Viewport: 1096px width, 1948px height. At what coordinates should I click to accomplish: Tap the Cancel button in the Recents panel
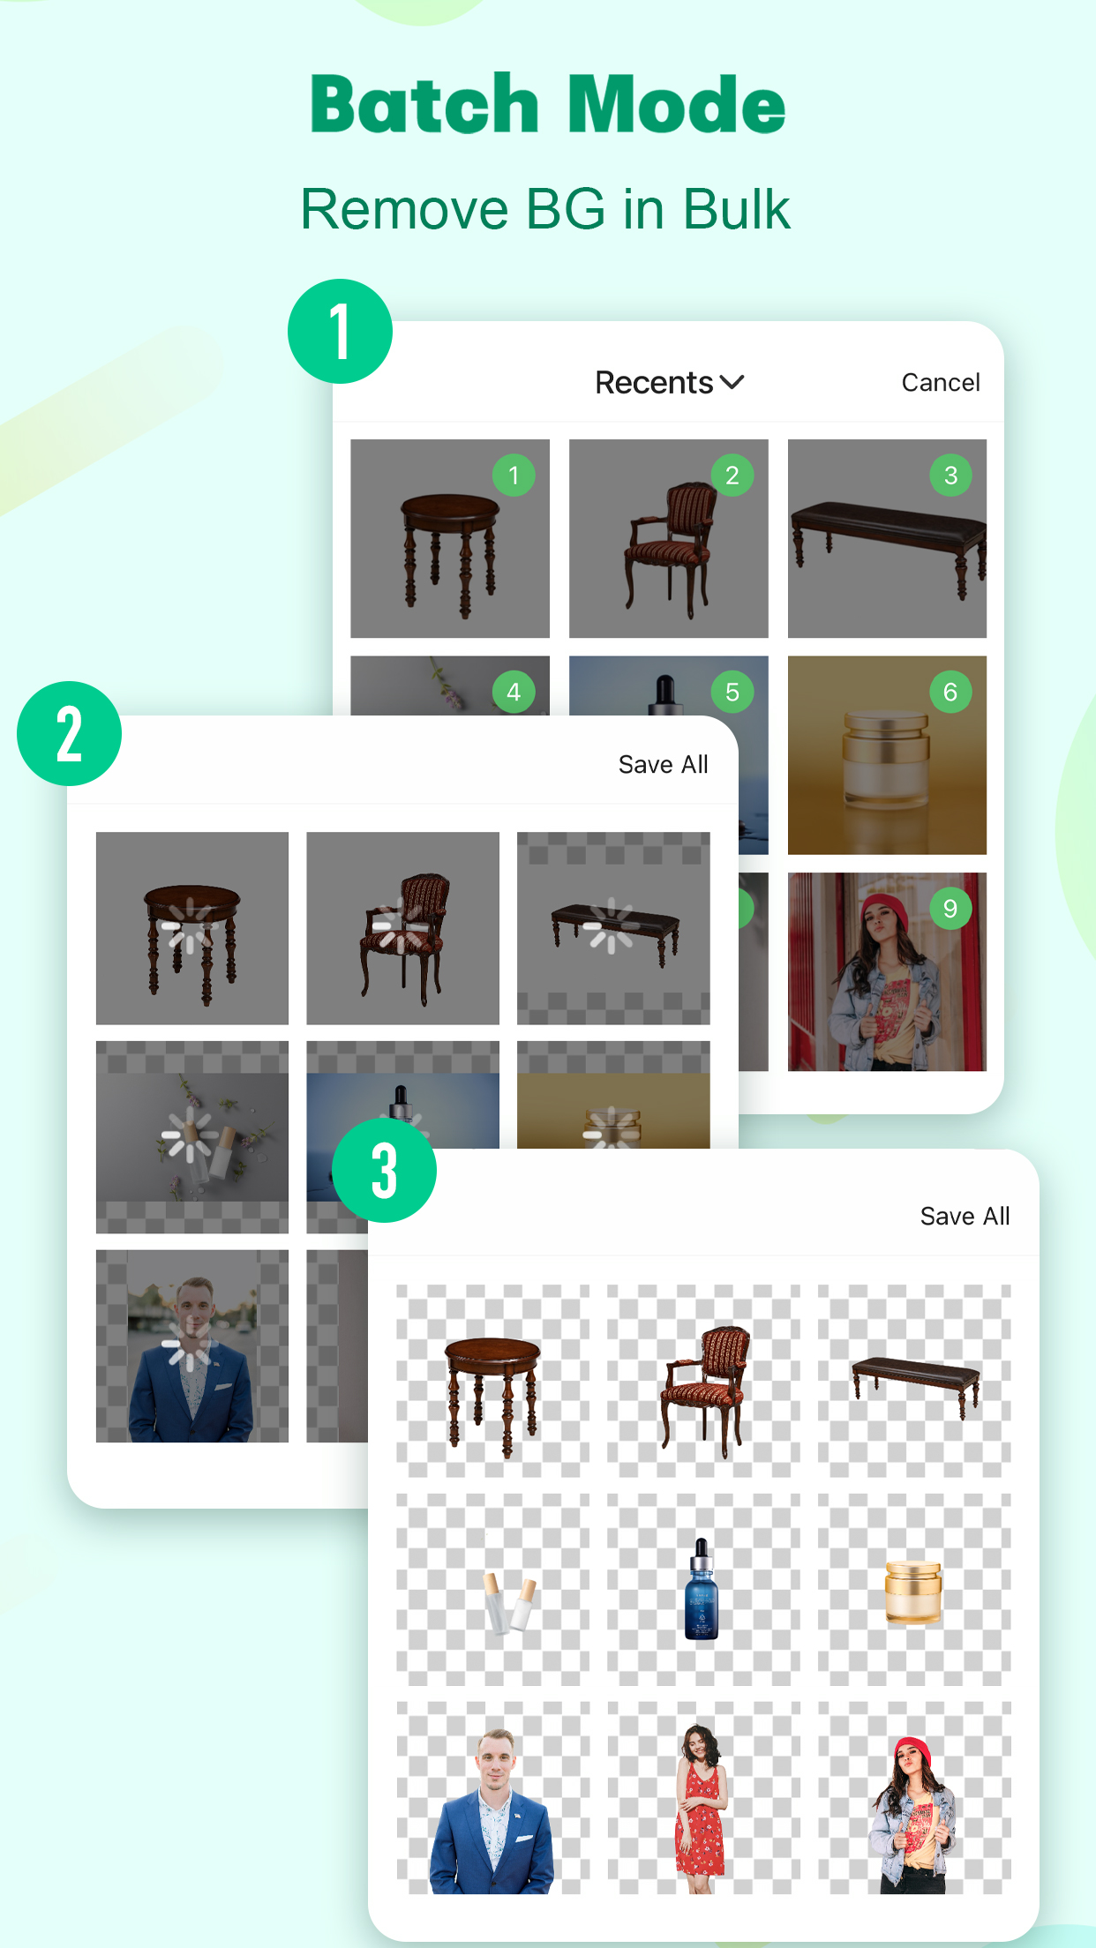point(940,383)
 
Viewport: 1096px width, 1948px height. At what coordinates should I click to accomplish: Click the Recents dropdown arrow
point(732,382)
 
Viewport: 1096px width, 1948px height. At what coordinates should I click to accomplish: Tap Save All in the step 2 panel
point(663,765)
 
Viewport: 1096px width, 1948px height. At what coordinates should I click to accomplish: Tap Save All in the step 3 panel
point(965,1217)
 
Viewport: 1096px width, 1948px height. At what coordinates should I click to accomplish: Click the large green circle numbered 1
point(340,332)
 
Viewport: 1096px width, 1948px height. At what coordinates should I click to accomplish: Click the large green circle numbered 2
point(69,734)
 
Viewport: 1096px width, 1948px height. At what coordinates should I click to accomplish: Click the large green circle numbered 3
point(384,1170)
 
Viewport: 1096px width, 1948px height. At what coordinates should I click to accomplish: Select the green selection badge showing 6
point(950,693)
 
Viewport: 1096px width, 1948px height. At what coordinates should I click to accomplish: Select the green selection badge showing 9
point(950,909)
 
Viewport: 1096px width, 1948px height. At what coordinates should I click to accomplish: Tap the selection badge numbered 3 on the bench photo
point(950,476)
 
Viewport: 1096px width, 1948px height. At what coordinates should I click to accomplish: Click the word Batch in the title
point(424,105)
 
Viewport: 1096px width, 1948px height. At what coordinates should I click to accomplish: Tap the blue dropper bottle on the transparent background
point(702,1591)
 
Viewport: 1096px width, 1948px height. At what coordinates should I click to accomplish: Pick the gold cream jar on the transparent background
point(912,1592)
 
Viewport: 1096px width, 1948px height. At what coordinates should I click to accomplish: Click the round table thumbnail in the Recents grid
point(449,538)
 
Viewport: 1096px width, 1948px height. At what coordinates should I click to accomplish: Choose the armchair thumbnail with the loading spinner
point(402,928)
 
